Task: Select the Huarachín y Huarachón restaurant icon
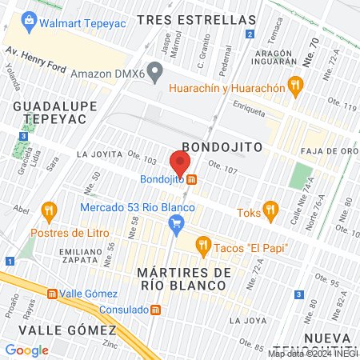click(x=296, y=82)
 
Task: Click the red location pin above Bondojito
click(x=180, y=162)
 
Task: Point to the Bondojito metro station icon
click(x=194, y=179)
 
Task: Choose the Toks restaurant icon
click(x=270, y=212)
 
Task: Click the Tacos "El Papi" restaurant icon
click(x=203, y=244)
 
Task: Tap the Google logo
click(x=26, y=350)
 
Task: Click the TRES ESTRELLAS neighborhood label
click(x=196, y=18)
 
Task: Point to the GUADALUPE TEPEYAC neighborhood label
click(x=49, y=112)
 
